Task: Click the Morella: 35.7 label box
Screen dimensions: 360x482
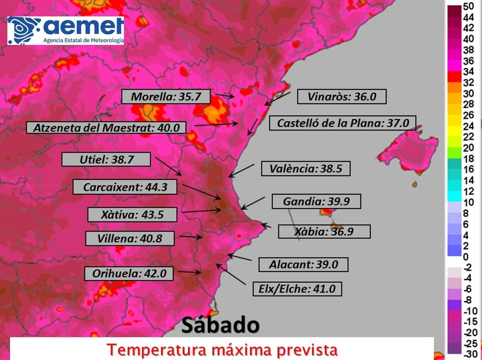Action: pyautogui.click(x=165, y=97)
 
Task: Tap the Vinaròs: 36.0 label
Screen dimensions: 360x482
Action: pyautogui.click(x=341, y=97)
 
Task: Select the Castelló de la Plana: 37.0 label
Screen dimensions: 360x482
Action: pyautogui.click(x=342, y=123)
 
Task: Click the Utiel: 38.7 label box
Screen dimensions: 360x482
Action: pyautogui.click(x=106, y=160)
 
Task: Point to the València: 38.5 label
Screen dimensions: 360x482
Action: pyautogui.click(x=306, y=169)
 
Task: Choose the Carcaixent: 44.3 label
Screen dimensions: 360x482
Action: pyautogui.click(x=125, y=187)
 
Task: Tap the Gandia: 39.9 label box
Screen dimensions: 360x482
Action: pyautogui.click(x=316, y=201)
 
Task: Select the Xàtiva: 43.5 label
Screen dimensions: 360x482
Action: pyautogui.click(x=132, y=215)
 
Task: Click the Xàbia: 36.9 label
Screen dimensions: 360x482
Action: pyautogui.click(x=324, y=232)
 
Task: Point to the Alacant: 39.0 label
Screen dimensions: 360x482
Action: pyautogui.click(x=303, y=265)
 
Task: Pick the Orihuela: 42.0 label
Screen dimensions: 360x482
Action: pyautogui.click(x=129, y=274)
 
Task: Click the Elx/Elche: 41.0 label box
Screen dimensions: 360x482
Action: pyautogui.click(x=297, y=289)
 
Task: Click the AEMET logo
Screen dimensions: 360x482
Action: pyautogui.click(x=65, y=31)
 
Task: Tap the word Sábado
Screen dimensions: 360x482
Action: pyautogui.click(x=220, y=325)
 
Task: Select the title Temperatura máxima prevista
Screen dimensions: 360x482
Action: pyautogui.click(x=222, y=350)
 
